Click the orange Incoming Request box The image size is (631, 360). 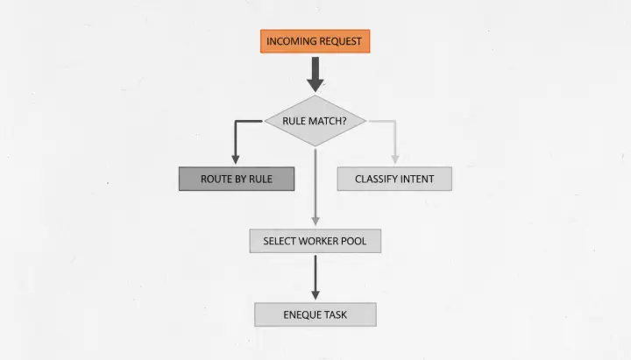(x=315, y=41)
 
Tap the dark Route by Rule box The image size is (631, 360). (x=237, y=179)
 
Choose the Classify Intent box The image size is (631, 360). (x=394, y=179)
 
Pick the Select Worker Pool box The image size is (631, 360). (x=315, y=240)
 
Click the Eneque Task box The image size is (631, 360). (x=315, y=314)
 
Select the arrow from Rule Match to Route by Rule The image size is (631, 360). (x=236, y=140)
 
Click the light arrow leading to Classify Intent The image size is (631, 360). (x=394, y=140)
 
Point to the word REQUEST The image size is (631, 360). (x=341, y=41)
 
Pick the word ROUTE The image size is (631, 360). (x=216, y=179)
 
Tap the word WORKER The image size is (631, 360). (x=322, y=240)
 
